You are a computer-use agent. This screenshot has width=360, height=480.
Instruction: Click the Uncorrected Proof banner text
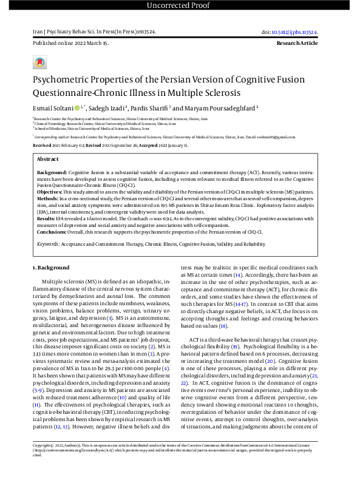click(x=180, y=6)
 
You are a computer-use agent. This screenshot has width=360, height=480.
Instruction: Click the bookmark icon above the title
click(x=39, y=63)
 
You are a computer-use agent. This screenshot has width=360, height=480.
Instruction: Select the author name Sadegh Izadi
click(x=111, y=108)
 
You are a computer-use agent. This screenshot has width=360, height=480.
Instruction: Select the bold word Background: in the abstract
click(x=52, y=173)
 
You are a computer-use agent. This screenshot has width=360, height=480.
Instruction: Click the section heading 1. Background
click(x=51, y=268)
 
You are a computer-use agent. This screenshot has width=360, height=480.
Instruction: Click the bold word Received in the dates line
click(x=42, y=146)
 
